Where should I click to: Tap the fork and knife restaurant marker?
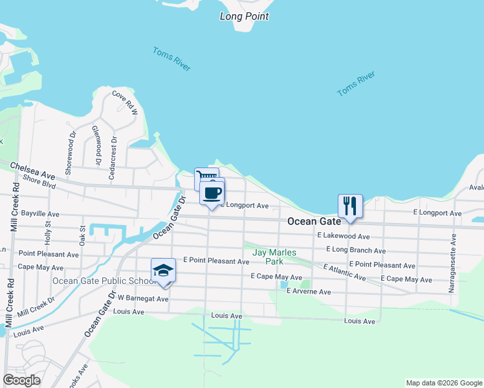[350, 206]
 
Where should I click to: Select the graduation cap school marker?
[163, 271]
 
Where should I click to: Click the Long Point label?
[244, 16]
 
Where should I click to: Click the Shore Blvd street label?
[39, 184]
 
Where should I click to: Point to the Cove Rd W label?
[126, 103]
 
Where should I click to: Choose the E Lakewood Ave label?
[343, 237]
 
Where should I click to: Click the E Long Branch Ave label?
[356, 250]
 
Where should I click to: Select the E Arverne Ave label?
[309, 292]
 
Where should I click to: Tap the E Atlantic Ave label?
[344, 272]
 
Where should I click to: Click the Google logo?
[21, 380]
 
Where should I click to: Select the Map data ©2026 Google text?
[443, 383]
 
